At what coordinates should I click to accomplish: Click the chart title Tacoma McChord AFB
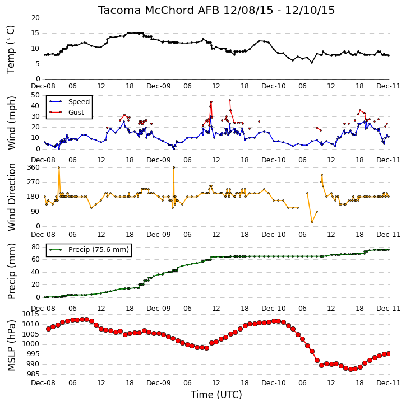click(159, 10)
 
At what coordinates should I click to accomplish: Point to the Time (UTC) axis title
click(216, 395)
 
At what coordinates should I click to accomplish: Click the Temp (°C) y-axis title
click(11, 49)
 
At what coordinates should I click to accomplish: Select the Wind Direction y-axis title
click(11, 197)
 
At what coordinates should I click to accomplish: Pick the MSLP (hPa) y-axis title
click(11, 346)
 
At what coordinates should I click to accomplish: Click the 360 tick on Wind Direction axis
click(34, 167)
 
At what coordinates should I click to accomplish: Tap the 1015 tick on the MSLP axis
click(31, 314)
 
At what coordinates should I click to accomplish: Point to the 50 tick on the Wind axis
click(35, 95)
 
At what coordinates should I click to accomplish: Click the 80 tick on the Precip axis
click(35, 247)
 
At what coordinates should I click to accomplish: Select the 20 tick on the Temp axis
click(35, 18)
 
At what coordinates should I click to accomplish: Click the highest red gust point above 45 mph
click(230, 100)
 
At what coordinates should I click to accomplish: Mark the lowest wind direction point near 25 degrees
click(312, 222)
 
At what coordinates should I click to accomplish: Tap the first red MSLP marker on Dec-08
click(48, 329)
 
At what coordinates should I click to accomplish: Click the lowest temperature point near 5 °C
click(312, 63)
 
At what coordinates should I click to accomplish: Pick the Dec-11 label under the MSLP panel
click(389, 382)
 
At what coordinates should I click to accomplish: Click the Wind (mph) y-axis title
click(11, 123)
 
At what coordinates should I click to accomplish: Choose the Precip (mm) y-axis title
click(11, 272)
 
